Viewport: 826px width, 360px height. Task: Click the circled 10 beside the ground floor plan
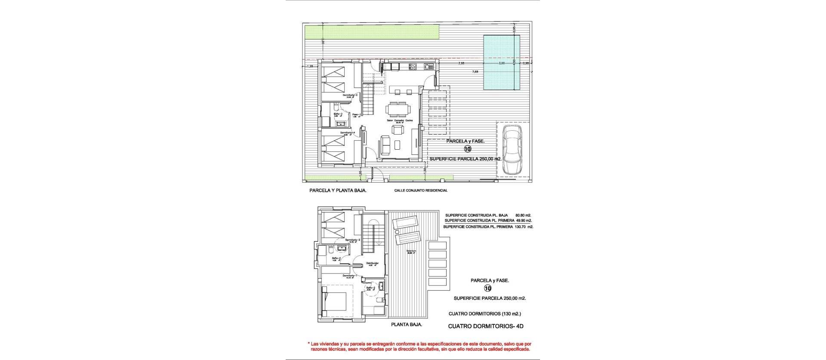pyautogui.click(x=468, y=149)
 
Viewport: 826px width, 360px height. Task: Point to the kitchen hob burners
pyautogui.click(x=412, y=67)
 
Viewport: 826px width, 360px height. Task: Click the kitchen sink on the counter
pyautogui.click(x=428, y=67)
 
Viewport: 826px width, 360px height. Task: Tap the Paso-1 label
pyautogui.click(x=356, y=114)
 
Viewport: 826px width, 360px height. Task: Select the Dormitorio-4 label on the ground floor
pyautogui.click(x=347, y=133)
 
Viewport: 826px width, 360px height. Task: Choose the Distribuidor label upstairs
pyautogui.click(x=372, y=263)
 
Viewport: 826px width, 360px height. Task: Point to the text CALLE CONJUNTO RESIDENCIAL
pyautogui.click(x=421, y=190)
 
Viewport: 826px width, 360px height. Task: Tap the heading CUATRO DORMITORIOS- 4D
pyautogui.click(x=486, y=326)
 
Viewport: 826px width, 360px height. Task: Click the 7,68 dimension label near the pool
pyautogui.click(x=475, y=72)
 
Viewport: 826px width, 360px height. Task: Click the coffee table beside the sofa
pyautogui.click(x=396, y=145)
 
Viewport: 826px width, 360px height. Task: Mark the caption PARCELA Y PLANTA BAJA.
pyautogui.click(x=338, y=190)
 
